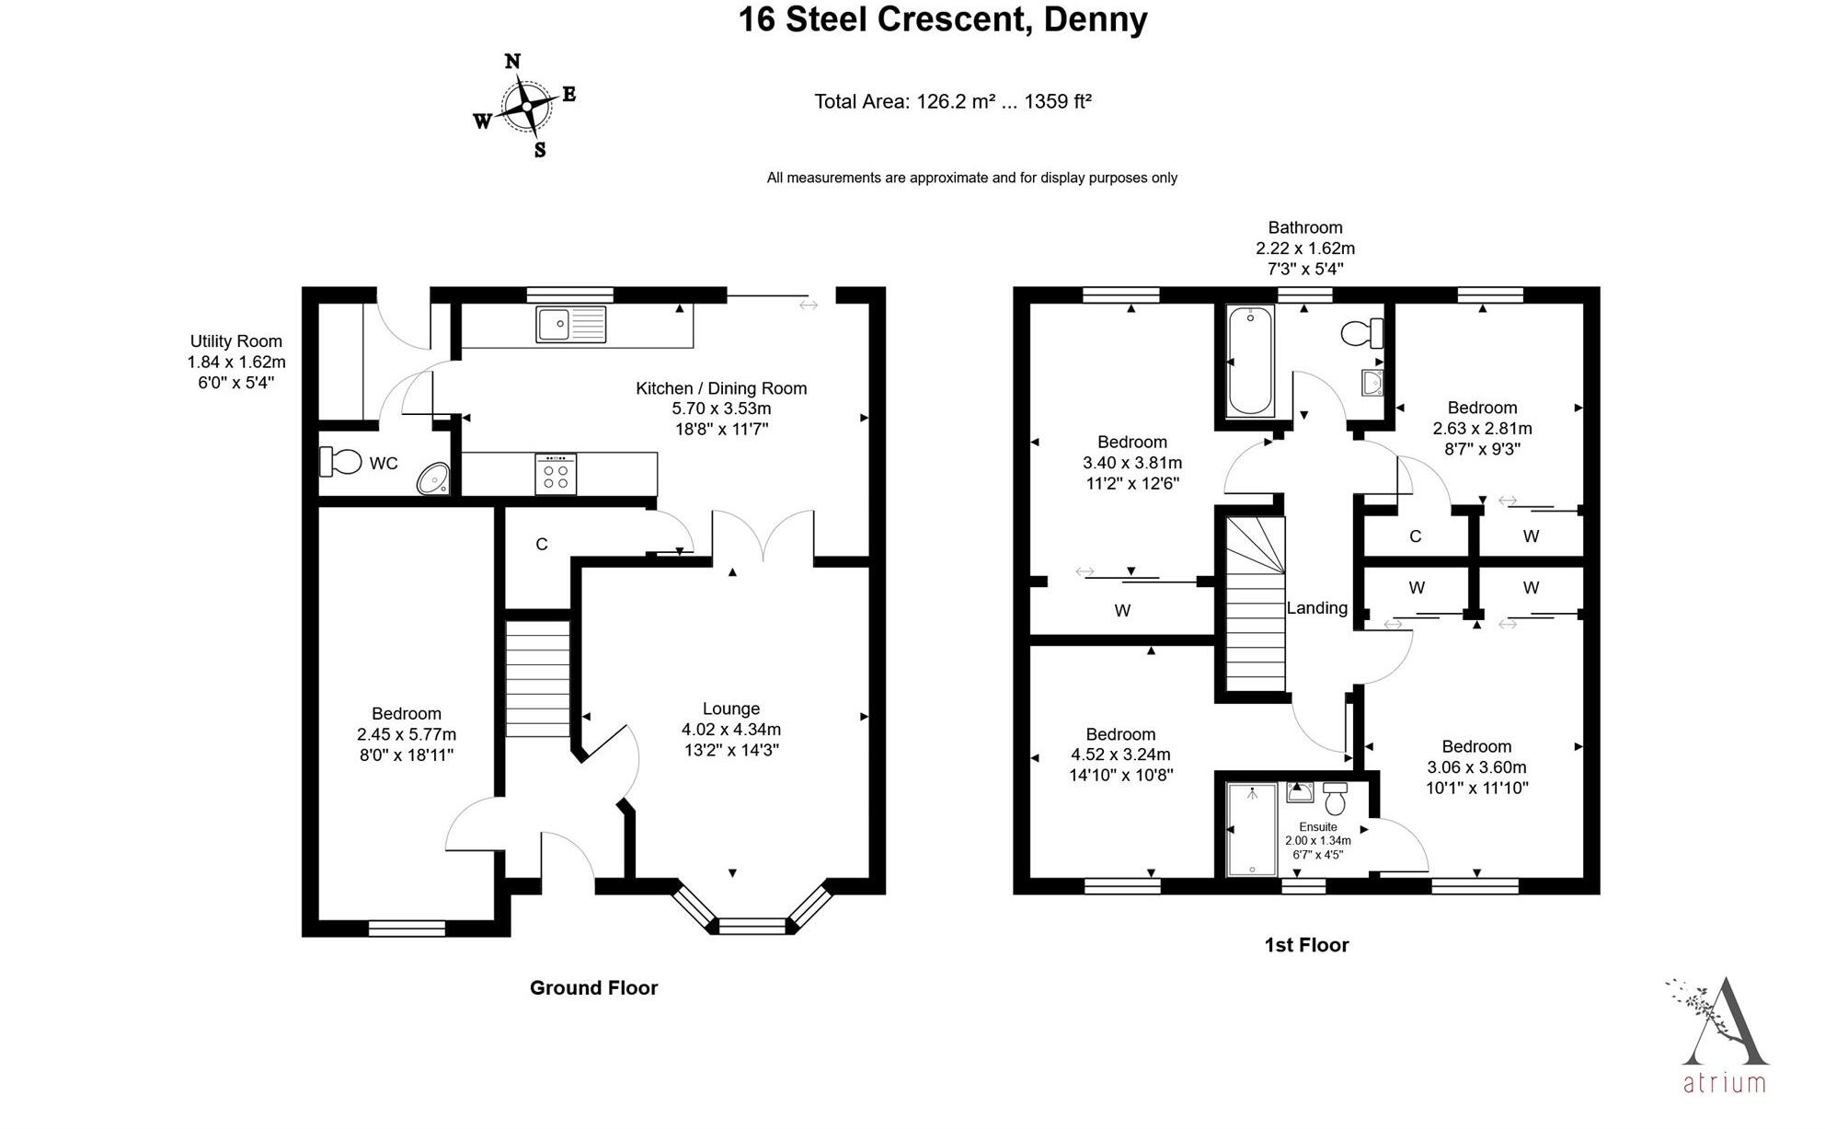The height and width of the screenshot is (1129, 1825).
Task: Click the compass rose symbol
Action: (x=525, y=106)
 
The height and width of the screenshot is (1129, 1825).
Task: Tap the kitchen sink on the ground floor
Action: (x=571, y=324)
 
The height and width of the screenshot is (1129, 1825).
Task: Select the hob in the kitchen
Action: (x=556, y=474)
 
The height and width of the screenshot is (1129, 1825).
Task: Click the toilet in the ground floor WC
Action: (x=340, y=461)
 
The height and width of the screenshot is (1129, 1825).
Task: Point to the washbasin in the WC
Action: (x=433, y=478)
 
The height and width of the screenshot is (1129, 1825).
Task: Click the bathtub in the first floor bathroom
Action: (x=1250, y=361)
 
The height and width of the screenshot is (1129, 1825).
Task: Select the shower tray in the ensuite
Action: (x=1252, y=829)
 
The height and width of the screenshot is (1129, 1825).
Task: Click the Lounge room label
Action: (x=731, y=709)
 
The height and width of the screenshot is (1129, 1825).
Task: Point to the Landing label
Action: (x=1317, y=607)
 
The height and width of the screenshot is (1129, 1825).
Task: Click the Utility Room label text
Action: (x=236, y=341)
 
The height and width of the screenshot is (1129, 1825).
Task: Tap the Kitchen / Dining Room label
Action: (x=721, y=388)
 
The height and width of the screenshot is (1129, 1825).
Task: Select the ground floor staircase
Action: (x=538, y=678)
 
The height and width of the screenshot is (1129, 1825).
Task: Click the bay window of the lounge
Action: (x=752, y=913)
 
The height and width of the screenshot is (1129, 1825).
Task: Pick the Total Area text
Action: (x=953, y=101)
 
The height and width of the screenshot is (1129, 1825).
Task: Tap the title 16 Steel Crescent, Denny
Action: (x=943, y=19)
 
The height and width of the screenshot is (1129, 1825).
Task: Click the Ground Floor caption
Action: (x=594, y=987)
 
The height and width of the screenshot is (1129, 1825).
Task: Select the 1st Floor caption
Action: (x=1307, y=945)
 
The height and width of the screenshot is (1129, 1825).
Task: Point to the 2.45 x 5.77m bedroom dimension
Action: (x=407, y=734)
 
